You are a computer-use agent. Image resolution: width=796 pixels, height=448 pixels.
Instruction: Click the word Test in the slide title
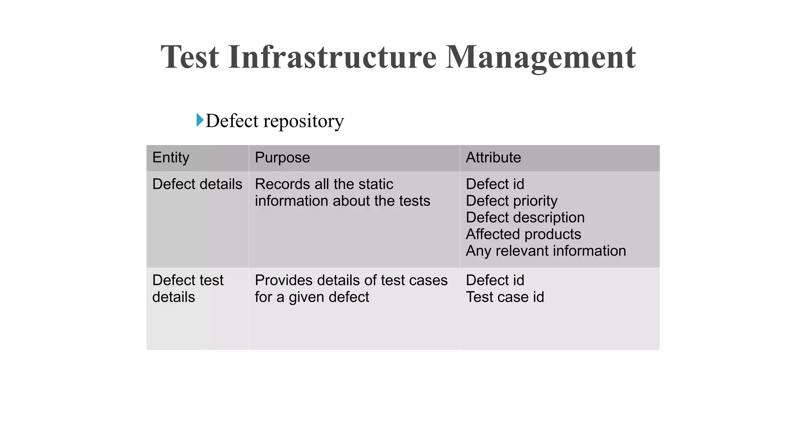coord(190,57)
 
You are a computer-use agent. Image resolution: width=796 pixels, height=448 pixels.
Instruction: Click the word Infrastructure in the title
coord(332,57)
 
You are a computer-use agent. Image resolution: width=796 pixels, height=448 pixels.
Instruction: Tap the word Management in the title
coord(540,57)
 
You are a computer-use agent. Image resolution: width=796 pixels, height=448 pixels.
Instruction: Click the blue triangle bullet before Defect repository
coord(200,120)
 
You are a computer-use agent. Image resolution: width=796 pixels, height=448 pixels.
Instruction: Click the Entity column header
coord(171,157)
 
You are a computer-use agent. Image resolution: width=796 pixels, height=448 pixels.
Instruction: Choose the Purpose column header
coord(282,157)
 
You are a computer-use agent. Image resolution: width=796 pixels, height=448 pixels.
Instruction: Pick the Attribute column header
coord(493,157)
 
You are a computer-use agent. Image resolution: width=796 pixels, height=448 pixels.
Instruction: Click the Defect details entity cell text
coord(197,184)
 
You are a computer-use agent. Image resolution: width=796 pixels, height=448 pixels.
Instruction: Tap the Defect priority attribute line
coord(511,201)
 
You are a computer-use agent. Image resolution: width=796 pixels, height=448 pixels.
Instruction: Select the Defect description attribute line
coord(525,217)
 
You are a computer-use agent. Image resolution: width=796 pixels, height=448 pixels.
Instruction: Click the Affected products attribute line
coord(523,234)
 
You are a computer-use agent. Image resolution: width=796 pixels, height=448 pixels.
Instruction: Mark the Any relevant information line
coord(546,251)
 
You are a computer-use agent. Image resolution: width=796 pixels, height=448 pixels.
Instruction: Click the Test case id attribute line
coord(505,297)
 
